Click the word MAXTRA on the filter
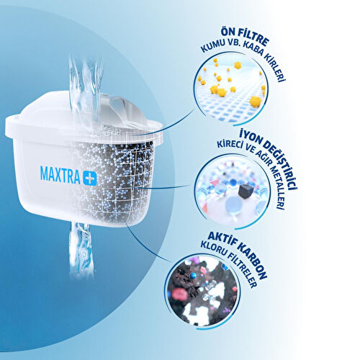tap(60, 175)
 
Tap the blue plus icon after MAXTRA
tap(90, 176)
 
